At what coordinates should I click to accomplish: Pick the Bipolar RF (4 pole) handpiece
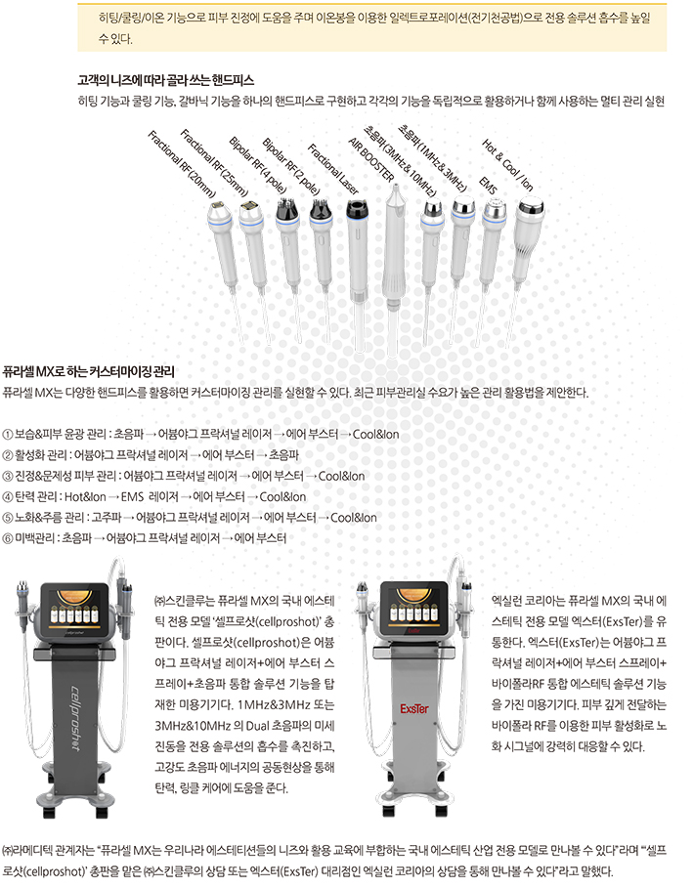(x=290, y=249)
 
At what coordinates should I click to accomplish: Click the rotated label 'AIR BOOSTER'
(x=371, y=159)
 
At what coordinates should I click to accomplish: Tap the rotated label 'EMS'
(x=488, y=186)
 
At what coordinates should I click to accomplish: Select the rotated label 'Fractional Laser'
(x=333, y=169)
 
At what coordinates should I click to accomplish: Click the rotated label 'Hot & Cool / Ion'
(x=507, y=164)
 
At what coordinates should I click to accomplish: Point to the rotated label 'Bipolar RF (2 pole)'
(x=291, y=166)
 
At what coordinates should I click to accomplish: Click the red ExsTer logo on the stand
(x=414, y=708)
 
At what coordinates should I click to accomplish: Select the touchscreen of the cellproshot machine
(x=76, y=609)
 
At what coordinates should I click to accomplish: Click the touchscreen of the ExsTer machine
(x=414, y=608)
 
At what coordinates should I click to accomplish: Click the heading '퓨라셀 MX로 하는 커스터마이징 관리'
(x=88, y=372)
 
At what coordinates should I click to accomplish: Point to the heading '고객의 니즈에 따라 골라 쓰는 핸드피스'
(x=165, y=80)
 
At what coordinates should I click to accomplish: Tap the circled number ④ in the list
(x=8, y=497)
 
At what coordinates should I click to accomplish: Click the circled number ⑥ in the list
(x=8, y=538)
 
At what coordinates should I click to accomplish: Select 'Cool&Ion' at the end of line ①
(x=375, y=435)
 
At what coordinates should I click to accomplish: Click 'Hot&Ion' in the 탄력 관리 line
(x=85, y=496)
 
